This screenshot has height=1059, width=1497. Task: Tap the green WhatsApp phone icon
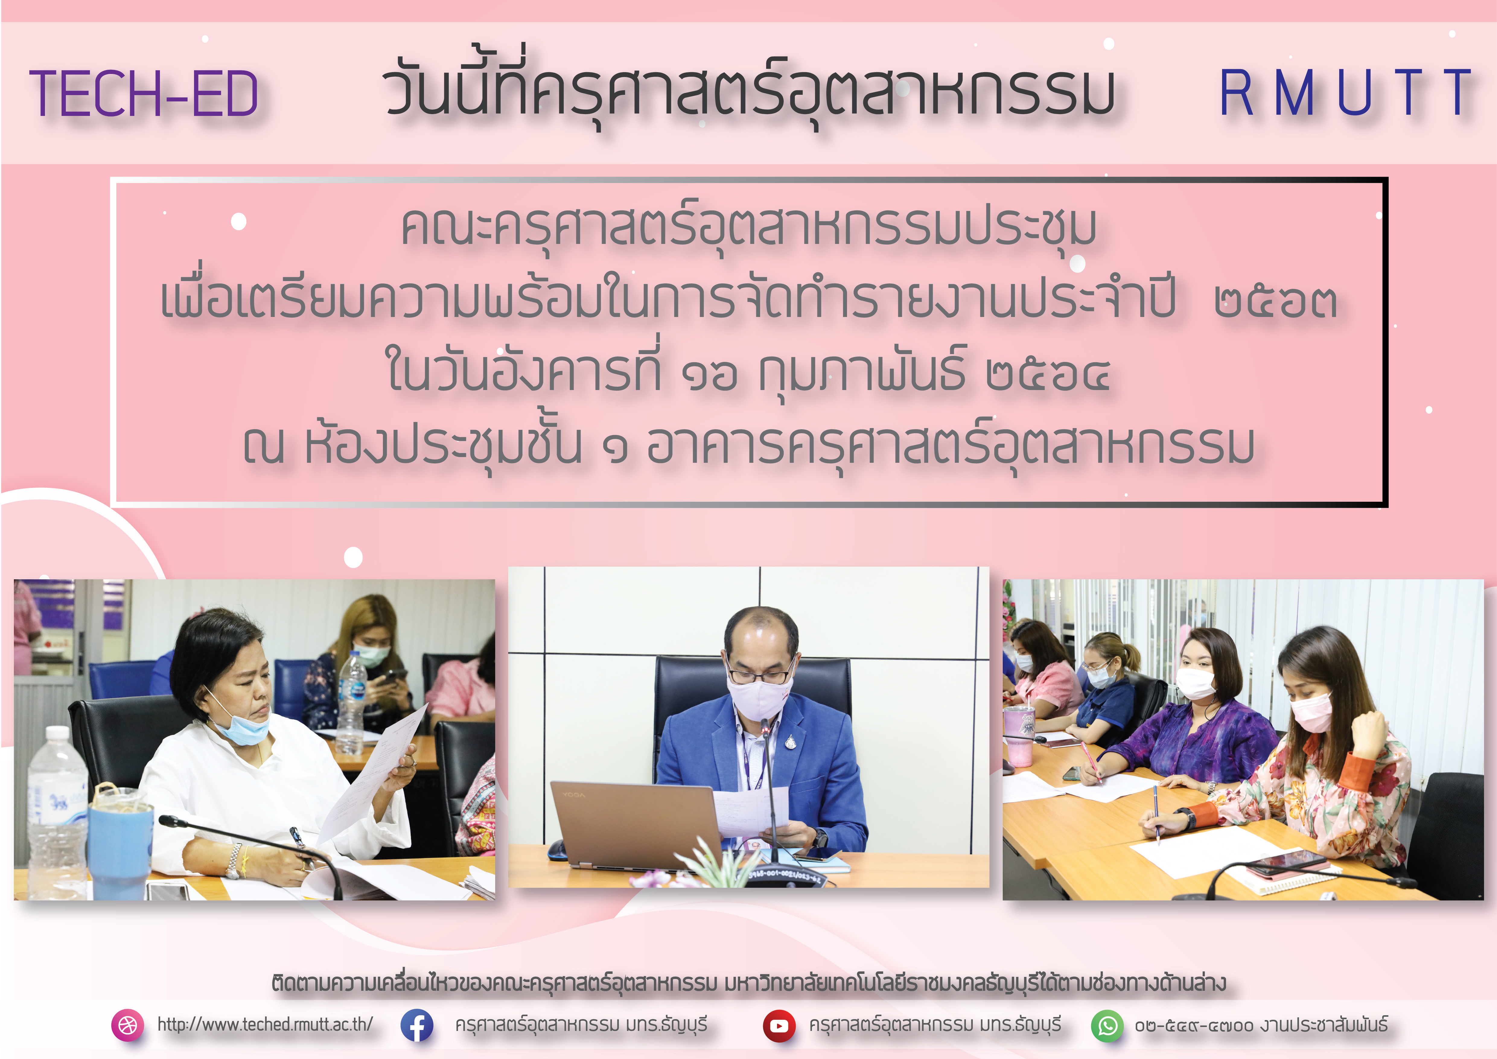point(1107,1025)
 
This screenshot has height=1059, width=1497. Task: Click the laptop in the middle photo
point(636,825)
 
